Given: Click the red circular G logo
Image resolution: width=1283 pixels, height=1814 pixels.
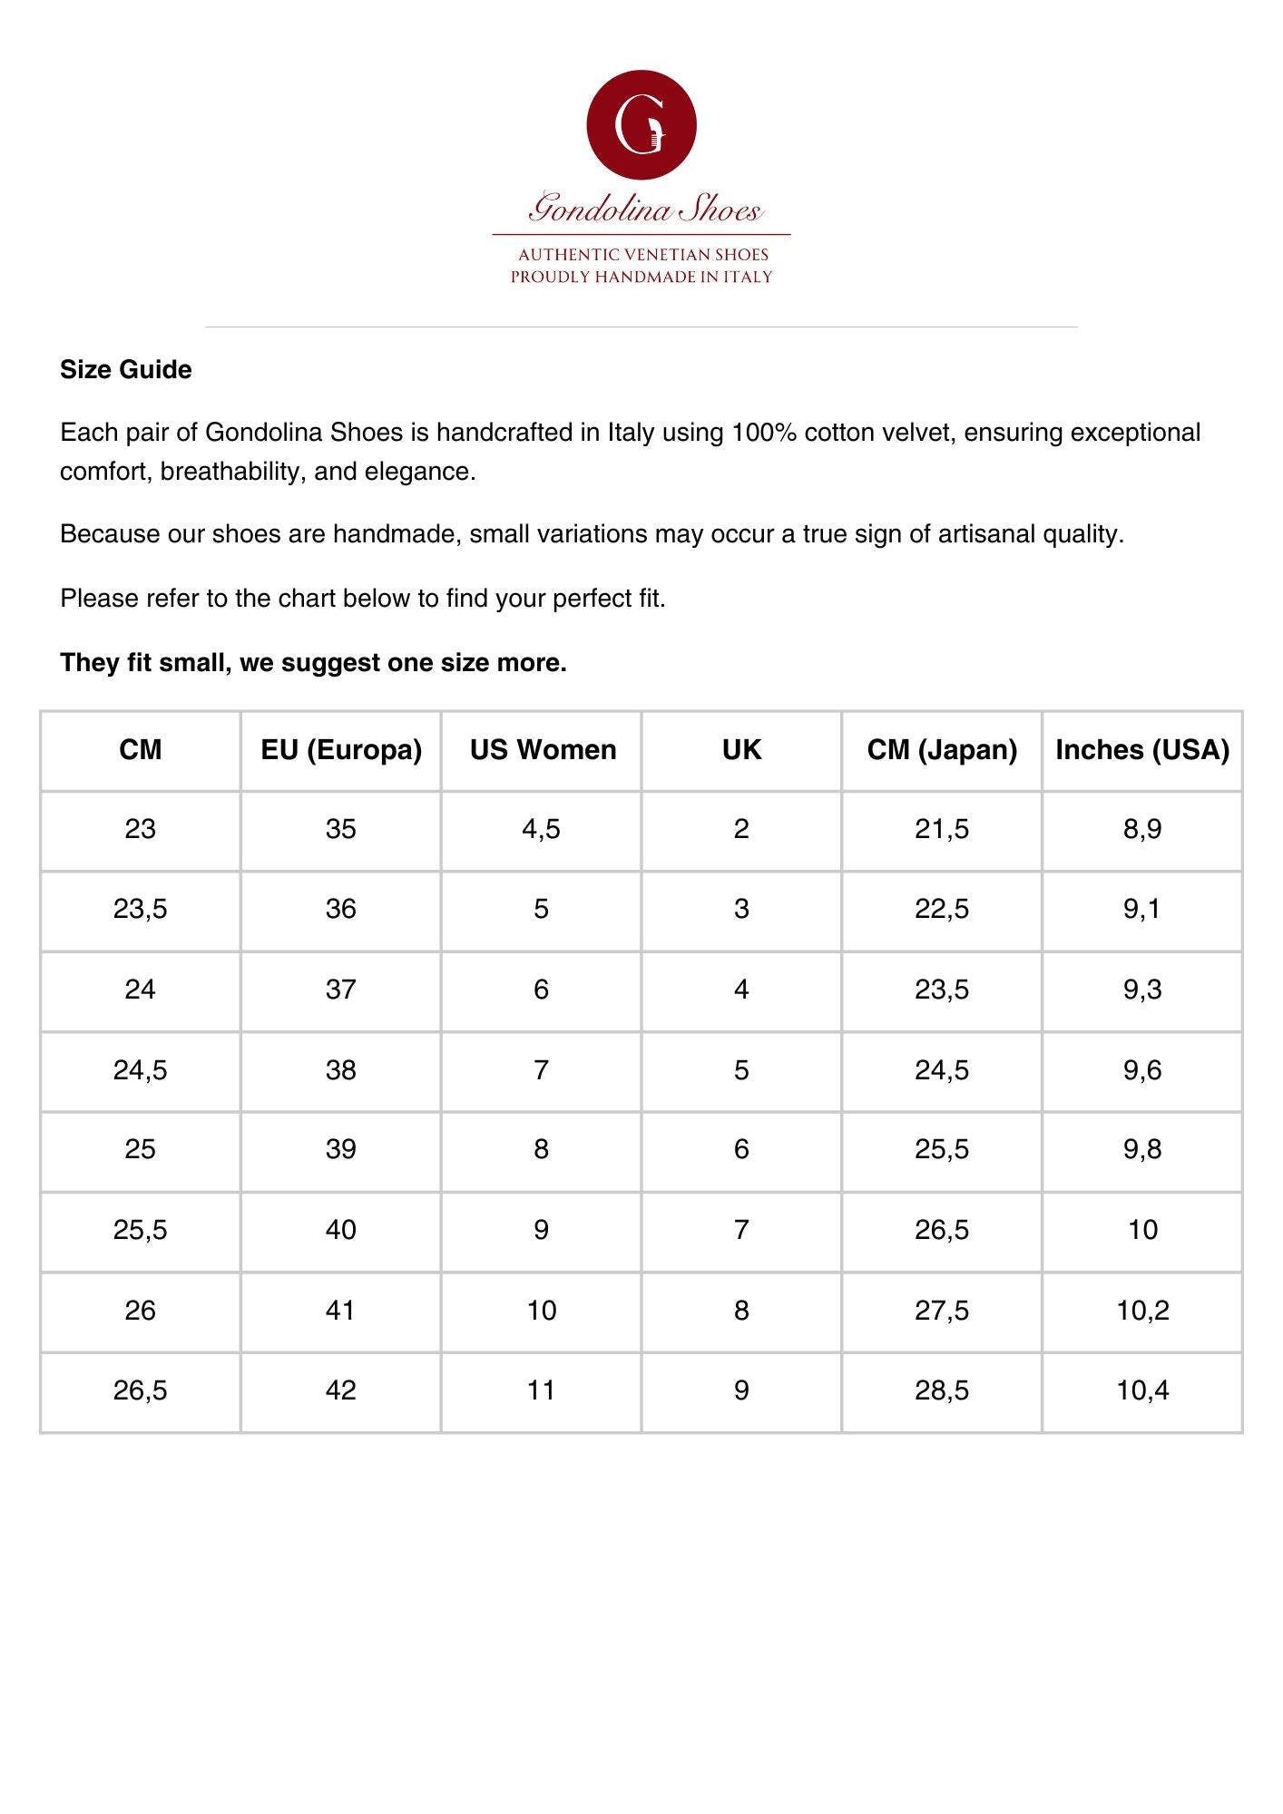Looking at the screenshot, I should pyautogui.click(x=641, y=124).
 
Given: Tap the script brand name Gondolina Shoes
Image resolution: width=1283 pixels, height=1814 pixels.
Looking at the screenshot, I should pyautogui.click(x=645, y=210).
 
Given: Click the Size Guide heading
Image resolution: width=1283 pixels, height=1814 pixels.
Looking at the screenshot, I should pyautogui.click(x=125, y=370).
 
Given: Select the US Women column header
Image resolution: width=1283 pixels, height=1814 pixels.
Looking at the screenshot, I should pyautogui.click(x=543, y=750).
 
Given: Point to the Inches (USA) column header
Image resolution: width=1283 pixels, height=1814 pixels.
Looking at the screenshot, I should pyautogui.click(x=1141, y=750).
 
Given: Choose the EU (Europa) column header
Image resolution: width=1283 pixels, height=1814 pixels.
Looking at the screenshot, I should pyautogui.click(x=341, y=750).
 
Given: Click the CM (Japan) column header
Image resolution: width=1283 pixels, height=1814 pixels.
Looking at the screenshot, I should pyautogui.click(x=942, y=750).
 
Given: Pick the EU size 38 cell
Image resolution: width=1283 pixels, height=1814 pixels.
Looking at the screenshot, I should pyautogui.click(x=341, y=1070).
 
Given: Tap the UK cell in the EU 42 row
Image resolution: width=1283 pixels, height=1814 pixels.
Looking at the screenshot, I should pyautogui.click(x=741, y=1390).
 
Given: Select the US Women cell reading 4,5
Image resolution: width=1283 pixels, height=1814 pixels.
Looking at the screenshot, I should pyautogui.click(x=541, y=829).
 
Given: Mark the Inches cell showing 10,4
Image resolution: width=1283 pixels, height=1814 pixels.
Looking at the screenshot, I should pyautogui.click(x=1142, y=1390).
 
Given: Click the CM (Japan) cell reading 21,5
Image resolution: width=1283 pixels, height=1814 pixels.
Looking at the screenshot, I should pyautogui.click(x=942, y=829).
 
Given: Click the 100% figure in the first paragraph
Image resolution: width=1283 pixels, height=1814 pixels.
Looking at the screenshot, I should pyautogui.click(x=764, y=433).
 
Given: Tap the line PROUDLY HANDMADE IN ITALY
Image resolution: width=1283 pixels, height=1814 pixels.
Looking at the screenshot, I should pyautogui.click(x=641, y=277).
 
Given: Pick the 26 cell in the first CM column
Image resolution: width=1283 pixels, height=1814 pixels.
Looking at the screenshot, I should pyautogui.click(x=140, y=1311).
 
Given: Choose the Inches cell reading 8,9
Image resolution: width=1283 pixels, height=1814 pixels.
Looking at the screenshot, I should pyautogui.click(x=1142, y=829).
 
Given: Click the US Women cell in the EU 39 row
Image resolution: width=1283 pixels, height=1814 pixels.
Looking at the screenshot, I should pyautogui.click(x=541, y=1150).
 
